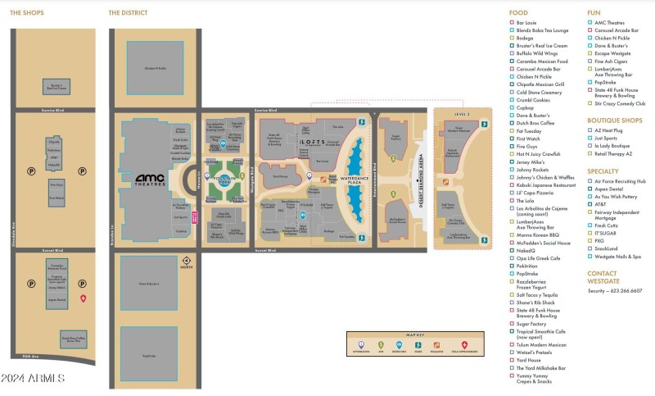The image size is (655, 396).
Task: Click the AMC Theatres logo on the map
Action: (150, 180)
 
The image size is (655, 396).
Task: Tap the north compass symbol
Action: (186, 262)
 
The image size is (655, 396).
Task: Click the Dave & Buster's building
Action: (149, 284)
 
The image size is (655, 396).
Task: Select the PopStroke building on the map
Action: (149, 356)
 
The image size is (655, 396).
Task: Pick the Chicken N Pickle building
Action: (155, 69)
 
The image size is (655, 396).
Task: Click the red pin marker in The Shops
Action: (83, 299)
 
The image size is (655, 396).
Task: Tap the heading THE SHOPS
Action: (27, 13)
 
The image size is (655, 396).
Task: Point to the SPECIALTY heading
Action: (604, 171)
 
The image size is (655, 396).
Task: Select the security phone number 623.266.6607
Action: (626, 290)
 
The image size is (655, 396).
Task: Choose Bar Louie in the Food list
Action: (526, 23)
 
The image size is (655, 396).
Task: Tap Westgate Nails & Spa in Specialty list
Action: (618, 257)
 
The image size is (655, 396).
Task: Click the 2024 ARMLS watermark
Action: (32, 377)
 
